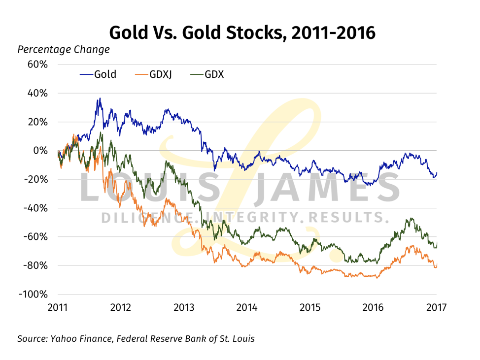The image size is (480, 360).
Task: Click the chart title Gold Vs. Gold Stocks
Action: (x=242, y=33)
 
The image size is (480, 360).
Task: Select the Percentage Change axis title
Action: (x=64, y=50)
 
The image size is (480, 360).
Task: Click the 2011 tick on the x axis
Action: (x=58, y=308)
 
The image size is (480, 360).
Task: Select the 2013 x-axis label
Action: (x=184, y=308)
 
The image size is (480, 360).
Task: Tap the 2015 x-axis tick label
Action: (x=310, y=308)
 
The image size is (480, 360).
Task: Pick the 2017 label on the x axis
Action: (x=436, y=308)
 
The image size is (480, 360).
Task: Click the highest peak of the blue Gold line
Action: (x=100, y=98)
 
